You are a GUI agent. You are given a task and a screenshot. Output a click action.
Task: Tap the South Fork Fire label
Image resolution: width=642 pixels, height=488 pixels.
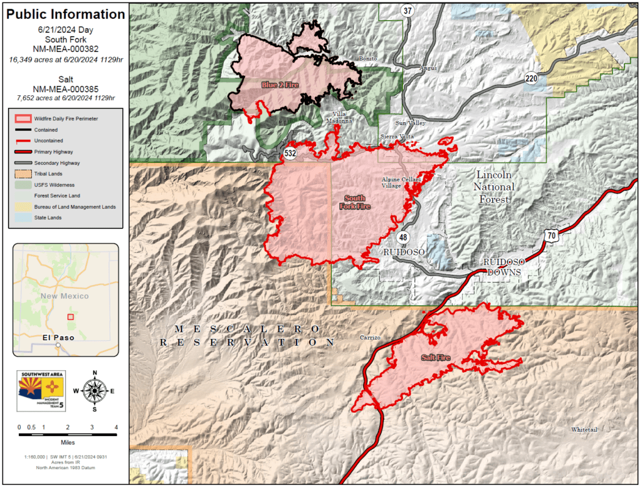355,202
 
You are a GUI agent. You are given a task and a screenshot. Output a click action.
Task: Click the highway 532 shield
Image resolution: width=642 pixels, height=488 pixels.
290,152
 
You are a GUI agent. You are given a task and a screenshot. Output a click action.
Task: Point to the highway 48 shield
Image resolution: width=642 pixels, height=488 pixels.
403,237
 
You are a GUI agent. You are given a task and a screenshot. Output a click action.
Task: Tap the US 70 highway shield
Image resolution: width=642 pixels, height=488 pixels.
550,236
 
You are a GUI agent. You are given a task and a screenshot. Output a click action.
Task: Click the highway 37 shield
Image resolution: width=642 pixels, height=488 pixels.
408,11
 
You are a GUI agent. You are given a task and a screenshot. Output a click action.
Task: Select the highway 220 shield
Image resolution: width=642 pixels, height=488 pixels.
532,78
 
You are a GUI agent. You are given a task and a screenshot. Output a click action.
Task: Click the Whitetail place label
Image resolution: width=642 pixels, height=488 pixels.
584,430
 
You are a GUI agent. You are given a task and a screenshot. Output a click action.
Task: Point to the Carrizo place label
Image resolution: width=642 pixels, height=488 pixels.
371,338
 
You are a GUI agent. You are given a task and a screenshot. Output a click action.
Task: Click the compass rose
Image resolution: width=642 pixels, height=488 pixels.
95,391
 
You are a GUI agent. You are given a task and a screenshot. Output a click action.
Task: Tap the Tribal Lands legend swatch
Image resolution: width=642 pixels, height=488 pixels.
23,172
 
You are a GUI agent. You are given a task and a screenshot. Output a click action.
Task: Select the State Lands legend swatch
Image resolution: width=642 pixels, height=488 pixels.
23,217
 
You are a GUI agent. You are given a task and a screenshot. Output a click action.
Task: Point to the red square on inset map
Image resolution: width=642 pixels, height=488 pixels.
70,317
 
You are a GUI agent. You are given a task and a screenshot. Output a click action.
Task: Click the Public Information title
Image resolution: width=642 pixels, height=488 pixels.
65,14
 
